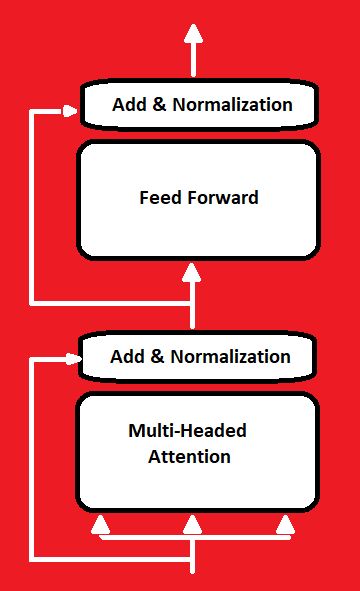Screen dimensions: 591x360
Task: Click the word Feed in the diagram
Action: coord(158,197)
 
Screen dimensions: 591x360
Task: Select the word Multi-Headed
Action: coord(187,432)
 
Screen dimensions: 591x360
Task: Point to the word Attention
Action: coord(189,457)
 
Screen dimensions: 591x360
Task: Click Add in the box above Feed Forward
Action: coord(129,104)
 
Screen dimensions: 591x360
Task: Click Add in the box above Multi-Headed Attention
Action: coord(127,356)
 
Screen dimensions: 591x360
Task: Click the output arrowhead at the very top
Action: coord(193,34)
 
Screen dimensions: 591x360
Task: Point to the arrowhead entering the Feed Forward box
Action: coord(193,272)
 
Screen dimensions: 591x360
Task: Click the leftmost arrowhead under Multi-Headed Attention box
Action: coord(99,523)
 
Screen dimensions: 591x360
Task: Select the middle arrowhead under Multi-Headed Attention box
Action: coord(192,523)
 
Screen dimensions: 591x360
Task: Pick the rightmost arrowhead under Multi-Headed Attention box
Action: coord(286,523)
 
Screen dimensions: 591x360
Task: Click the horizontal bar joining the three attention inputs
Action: coord(192,538)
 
